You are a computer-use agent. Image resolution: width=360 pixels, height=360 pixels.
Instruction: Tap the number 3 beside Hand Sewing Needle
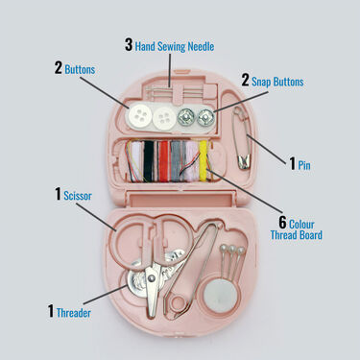(x=129, y=44)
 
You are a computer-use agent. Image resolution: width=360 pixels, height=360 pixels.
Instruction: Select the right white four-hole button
(x=166, y=118)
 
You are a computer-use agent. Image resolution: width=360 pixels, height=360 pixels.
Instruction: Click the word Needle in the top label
(x=199, y=45)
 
